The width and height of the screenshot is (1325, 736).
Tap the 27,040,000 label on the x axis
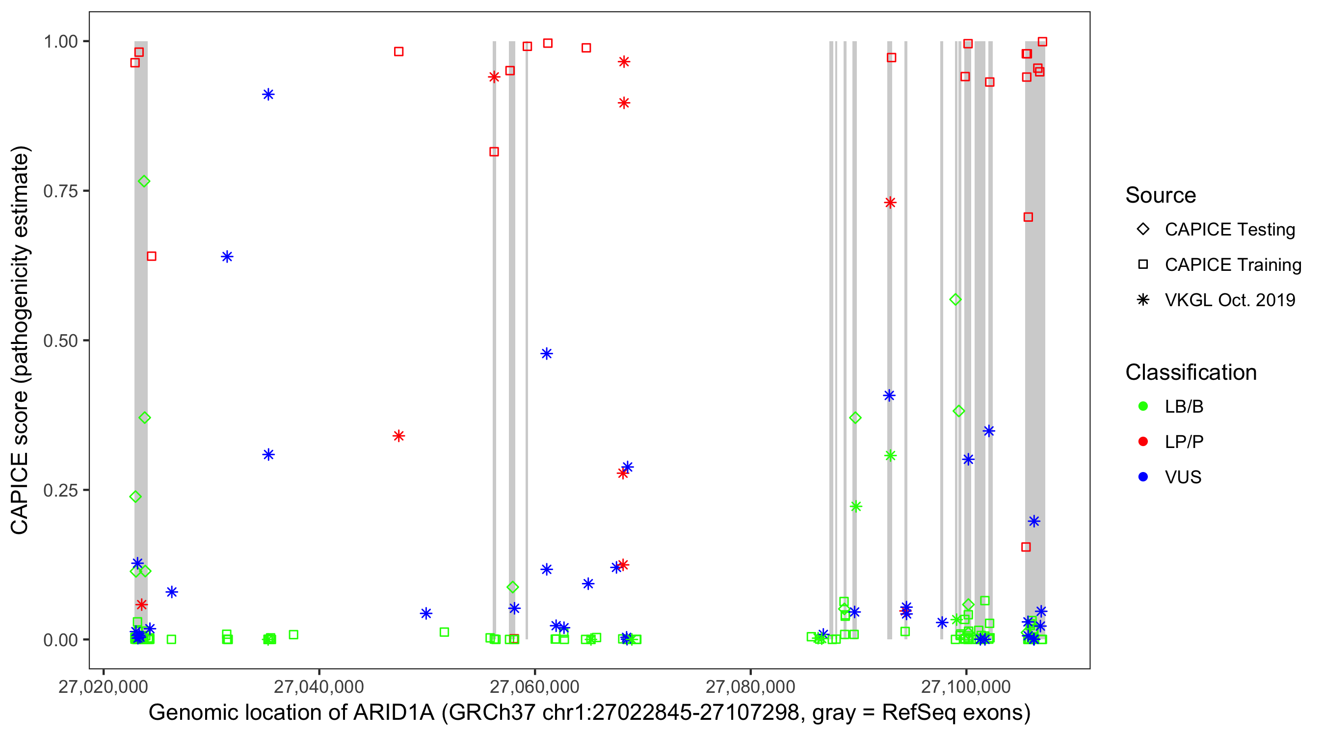point(319,686)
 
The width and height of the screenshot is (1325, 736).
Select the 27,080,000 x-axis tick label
point(750,686)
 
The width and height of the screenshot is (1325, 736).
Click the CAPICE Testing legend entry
point(1229,230)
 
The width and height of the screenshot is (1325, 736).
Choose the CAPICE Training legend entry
point(1232,265)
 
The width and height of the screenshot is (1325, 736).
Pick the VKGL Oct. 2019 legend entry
point(1229,300)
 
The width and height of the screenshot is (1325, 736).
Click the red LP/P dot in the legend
point(1143,442)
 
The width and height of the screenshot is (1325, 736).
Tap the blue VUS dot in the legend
point(1143,477)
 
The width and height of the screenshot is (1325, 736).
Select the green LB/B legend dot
point(1143,406)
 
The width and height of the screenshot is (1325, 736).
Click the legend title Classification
point(1191,372)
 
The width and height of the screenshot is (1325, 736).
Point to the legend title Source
point(1161,195)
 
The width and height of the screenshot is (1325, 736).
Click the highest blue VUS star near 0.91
point(268,95)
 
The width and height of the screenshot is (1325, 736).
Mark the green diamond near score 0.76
point(144,182)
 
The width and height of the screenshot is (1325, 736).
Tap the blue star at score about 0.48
point(547,354)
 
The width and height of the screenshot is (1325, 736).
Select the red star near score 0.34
point(398,436)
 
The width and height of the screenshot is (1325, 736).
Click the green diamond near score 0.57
point(955,299)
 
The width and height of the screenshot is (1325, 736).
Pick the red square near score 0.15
point(1026,547)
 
